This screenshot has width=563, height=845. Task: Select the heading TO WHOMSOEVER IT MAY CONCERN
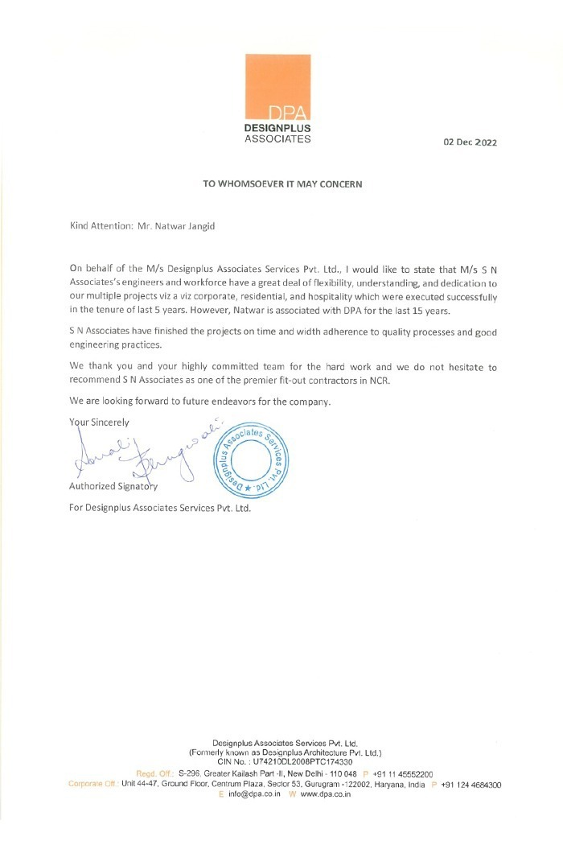(282, 183)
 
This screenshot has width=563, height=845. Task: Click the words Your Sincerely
(99, 421)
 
